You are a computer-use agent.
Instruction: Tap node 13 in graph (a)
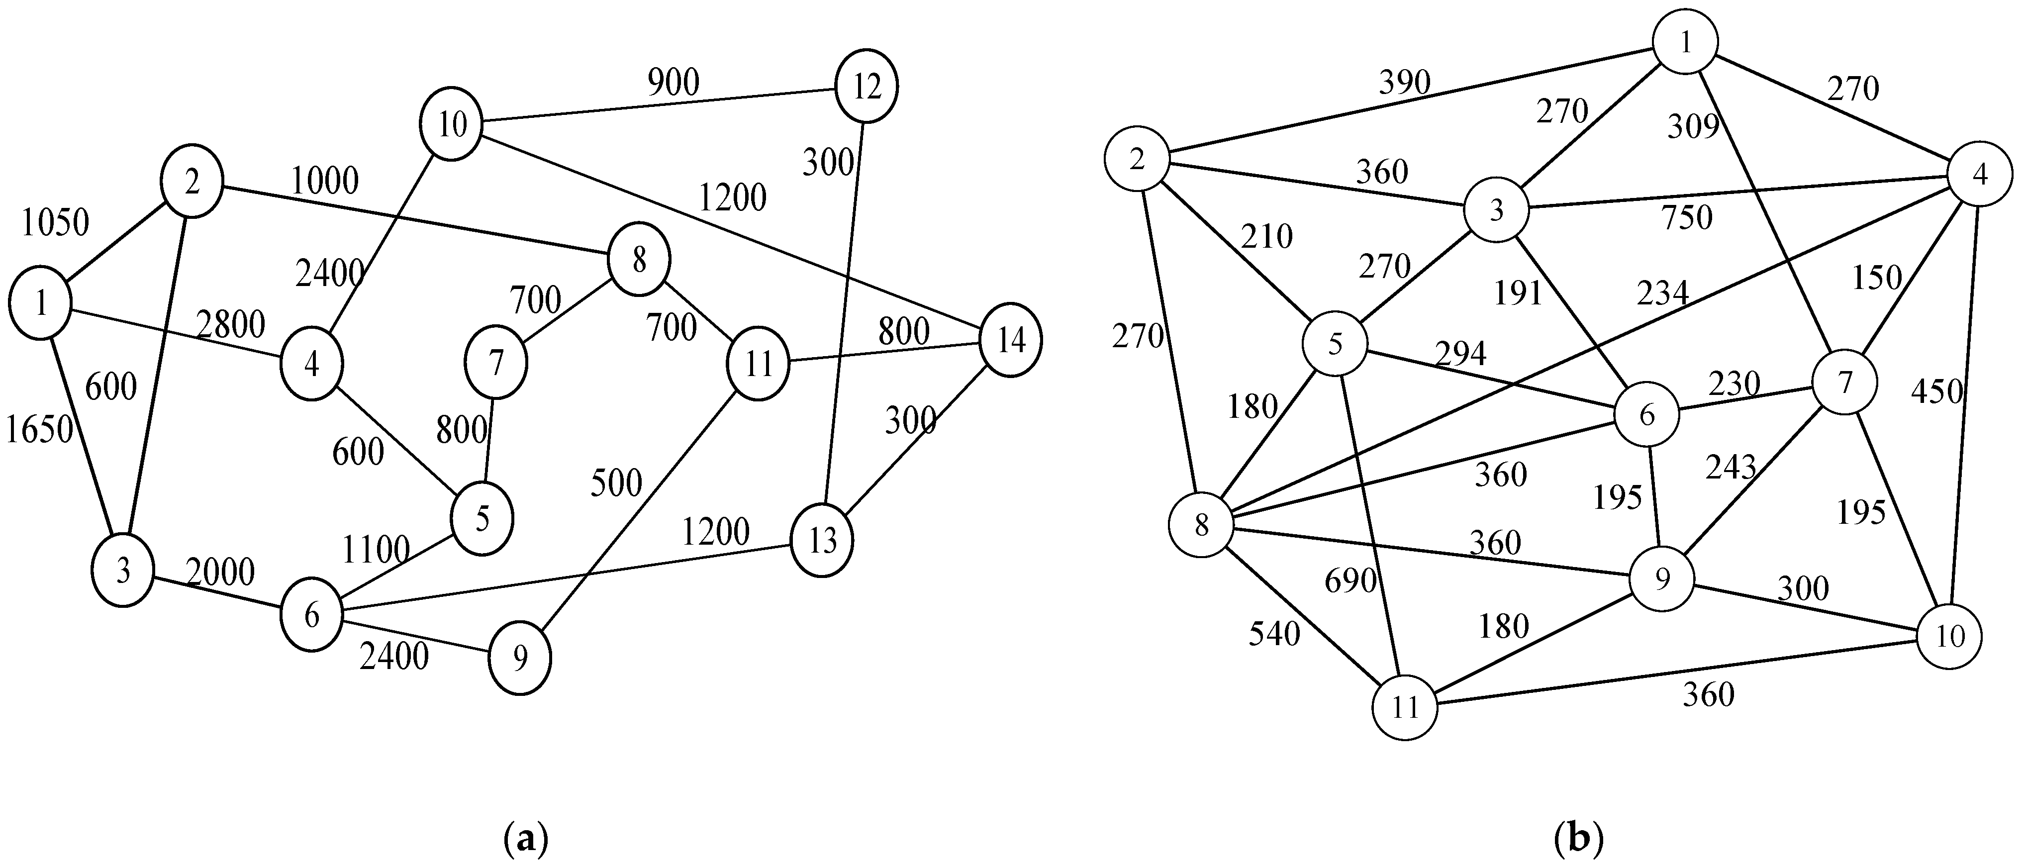coord(822,541)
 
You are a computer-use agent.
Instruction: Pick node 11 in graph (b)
coord(1406,707)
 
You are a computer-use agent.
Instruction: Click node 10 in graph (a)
coord(452,124)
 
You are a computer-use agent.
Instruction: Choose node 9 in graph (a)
coord(520,659)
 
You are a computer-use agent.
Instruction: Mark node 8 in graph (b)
coord(1201,525)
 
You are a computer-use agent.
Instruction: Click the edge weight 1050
coord(55,223)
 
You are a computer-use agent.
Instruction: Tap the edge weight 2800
coord(230,324)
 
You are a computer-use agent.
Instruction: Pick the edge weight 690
coord(1350,581)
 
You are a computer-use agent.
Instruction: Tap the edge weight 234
coord(1662,293)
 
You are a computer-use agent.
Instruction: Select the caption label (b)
coord(1578,839)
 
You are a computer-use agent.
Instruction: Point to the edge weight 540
coord(1274,633)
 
